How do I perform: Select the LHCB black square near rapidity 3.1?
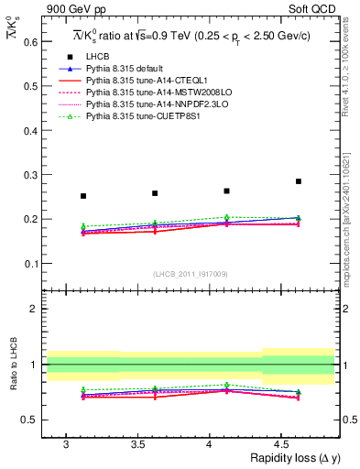[x=83, y=196]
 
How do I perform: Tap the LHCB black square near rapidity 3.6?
[x=155, y=193]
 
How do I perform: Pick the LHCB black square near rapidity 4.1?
[x=226, y=191]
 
